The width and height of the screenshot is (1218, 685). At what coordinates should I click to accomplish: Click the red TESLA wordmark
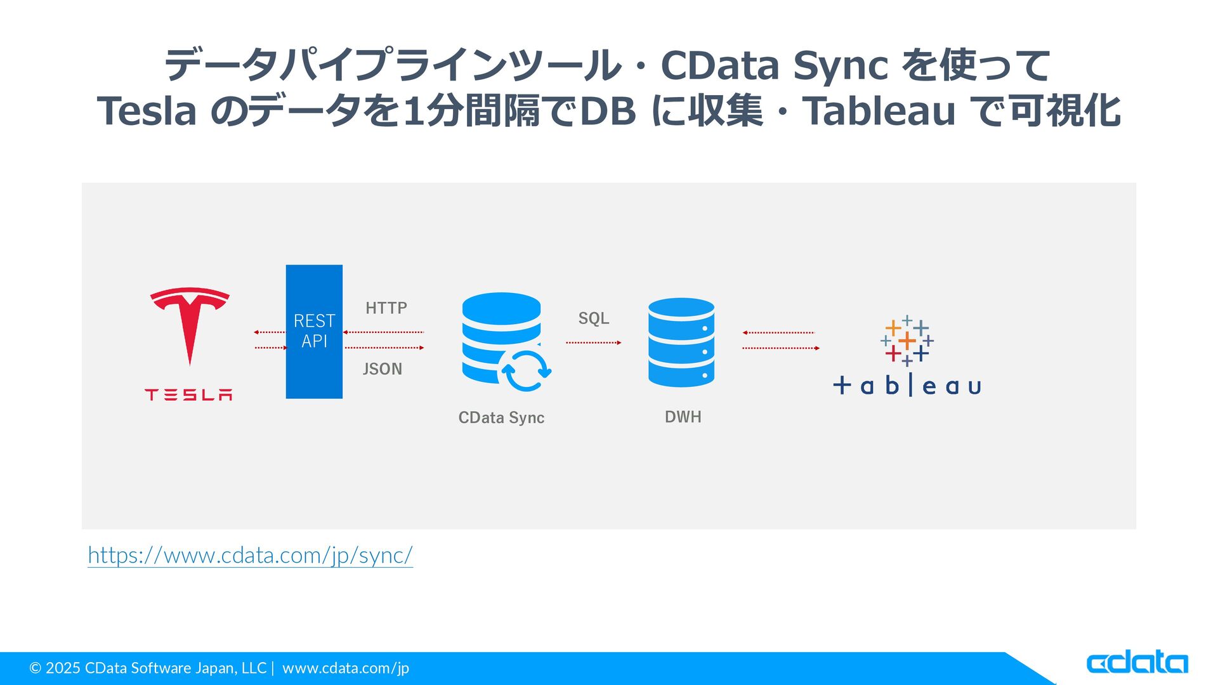[188, 395]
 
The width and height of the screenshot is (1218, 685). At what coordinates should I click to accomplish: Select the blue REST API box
[314, 331]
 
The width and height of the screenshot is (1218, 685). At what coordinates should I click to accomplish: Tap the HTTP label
[386, 308]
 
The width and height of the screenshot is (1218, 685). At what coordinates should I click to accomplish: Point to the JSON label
[382, 369]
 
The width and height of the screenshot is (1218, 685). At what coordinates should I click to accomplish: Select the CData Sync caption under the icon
[501, 417]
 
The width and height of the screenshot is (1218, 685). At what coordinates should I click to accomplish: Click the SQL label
[593, 318]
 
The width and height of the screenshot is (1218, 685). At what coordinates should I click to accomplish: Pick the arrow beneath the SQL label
[593, 342]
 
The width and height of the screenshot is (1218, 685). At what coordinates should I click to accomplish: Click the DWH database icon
[681, 342]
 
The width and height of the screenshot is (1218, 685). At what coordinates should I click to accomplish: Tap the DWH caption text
[683, 417]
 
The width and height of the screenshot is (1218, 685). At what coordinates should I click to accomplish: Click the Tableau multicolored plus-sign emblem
[907, 341]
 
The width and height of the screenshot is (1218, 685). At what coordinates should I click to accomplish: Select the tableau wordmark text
[907, 386]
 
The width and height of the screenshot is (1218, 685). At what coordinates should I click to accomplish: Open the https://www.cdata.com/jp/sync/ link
[250, 556]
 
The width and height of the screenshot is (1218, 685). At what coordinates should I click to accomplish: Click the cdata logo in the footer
[1137, 663]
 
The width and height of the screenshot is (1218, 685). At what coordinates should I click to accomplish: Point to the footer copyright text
[219, 668]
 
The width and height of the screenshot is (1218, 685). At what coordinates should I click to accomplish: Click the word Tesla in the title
[147, 112]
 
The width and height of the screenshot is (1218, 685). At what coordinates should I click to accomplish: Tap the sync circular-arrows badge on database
[525, 370]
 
